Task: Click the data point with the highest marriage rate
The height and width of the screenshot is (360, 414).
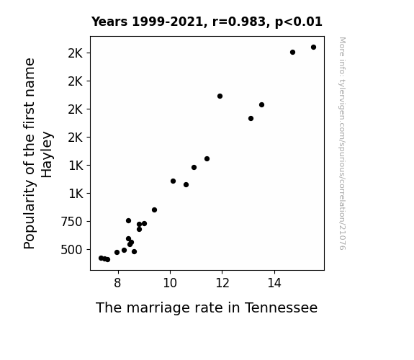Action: click(313, 48)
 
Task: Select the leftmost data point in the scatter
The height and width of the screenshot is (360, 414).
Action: click(101, 258)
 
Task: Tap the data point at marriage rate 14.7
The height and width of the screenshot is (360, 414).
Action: click(292, 53)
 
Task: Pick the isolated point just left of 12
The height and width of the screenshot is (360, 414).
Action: click(220, 96)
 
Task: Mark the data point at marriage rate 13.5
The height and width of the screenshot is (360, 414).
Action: click(261, 105)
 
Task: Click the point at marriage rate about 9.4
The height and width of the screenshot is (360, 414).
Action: click(155, 210)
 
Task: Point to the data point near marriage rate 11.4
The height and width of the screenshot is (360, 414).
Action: click(207, 158)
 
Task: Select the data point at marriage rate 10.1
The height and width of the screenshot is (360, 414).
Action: click(174, 181)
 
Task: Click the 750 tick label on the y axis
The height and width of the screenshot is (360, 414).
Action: click(71, 222)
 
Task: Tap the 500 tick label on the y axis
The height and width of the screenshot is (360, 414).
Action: click(71, 250)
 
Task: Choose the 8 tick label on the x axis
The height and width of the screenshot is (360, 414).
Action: click(117, 283)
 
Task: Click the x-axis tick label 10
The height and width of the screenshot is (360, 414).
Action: click(170, 283)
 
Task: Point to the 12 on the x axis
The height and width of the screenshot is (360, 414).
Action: click(222, 283)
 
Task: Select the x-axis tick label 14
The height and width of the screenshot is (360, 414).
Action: click(274, 283)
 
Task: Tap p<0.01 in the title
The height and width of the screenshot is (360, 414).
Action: click(299, 22)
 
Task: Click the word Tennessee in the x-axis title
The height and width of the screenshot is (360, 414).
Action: click(281, 307)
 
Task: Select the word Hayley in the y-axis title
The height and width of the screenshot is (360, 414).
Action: click(47, 155)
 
